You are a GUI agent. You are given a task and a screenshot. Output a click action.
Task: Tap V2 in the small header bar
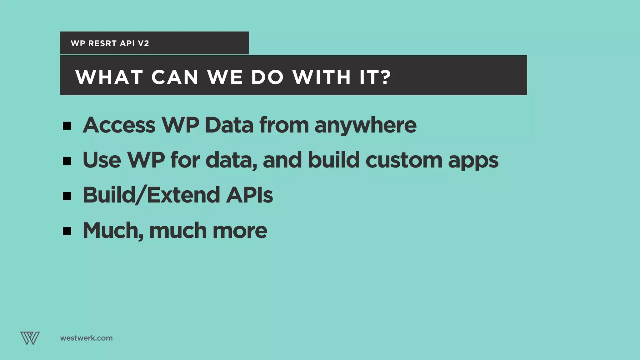(x=143, y=43)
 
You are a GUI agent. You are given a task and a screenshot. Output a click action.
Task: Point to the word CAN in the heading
(x=175, y=77)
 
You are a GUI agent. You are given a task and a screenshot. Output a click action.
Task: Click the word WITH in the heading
(x=322, y=77)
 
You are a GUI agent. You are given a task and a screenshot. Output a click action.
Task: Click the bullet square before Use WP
(x=67, y=161)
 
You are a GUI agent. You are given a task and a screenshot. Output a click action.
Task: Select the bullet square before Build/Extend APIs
(x=67, y=196)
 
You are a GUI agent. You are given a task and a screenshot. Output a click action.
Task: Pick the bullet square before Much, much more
(x=67, y=231)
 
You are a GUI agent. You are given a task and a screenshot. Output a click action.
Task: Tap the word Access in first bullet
(x=119, y=125)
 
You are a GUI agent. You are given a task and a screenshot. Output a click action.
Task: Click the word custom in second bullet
(x=404, y=160)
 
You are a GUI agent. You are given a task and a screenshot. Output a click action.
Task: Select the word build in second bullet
(x=334, y=160)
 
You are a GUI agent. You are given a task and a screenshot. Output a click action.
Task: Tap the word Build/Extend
(x=152, y=195)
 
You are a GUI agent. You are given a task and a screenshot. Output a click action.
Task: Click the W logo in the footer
(x=30, y=338)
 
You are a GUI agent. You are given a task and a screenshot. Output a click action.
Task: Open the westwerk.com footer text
(x=86, y=338)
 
